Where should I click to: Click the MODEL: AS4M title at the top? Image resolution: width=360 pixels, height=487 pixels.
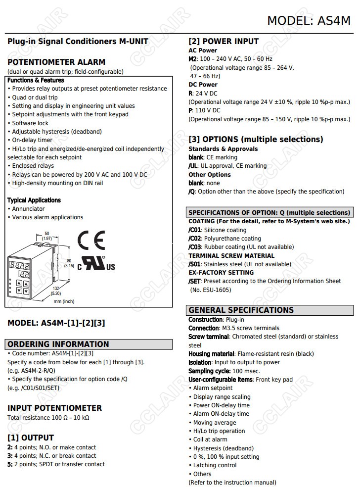coord(309,20)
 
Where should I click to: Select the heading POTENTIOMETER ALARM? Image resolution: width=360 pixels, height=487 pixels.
coord(56,62)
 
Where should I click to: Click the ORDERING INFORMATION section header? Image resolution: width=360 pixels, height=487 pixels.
coord(58,344)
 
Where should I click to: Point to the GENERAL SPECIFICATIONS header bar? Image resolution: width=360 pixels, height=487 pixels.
coord(241,310)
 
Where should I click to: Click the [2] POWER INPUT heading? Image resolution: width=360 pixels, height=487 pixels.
coord(224,42)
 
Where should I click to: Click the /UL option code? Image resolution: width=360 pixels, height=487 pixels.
coord(193,166)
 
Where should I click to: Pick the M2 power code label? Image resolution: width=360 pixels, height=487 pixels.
coord(193,59)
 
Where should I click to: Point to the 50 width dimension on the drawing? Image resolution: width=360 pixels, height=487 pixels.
coord(47,233)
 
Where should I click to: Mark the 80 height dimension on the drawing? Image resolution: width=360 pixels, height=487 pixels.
coord(69,260)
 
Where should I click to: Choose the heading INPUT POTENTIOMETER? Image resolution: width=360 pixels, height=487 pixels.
coord(54,408)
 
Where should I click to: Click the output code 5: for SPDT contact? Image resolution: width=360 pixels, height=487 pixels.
coord(10,464)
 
